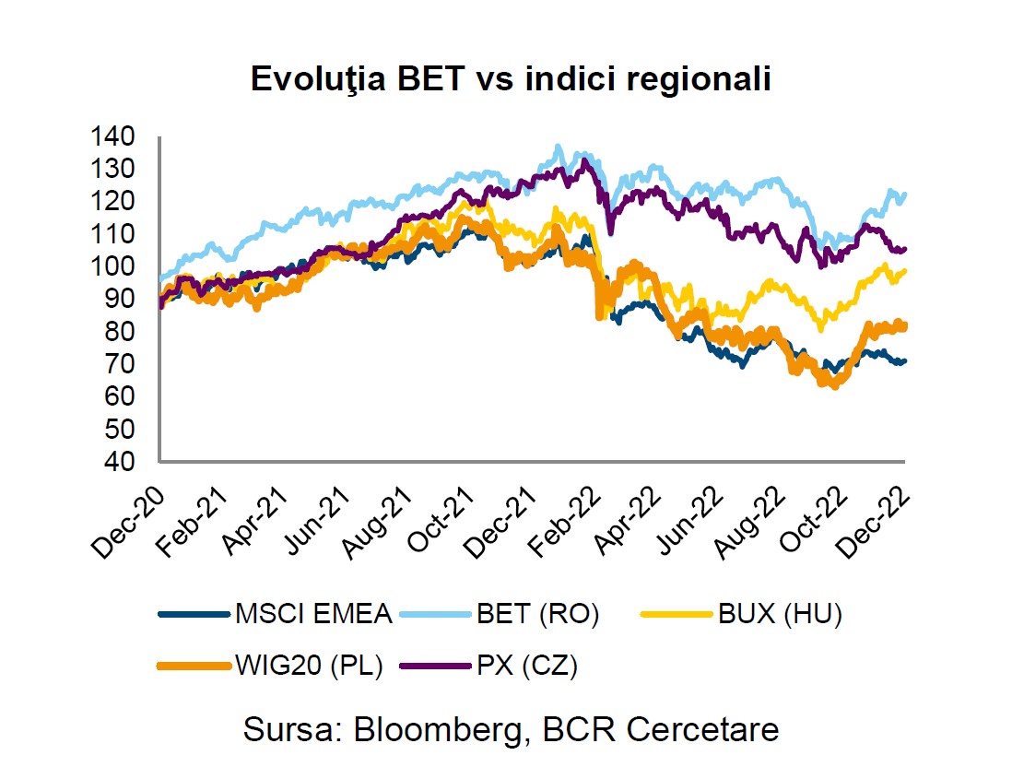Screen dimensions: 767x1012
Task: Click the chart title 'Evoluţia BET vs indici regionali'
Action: [x=510, y=79]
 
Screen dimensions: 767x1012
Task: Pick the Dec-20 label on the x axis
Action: [x=128, y=521]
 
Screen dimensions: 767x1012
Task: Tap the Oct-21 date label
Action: [x=436, y=521]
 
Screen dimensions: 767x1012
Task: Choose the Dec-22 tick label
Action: [x=875, y=521]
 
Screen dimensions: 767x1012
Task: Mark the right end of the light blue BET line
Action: [x=905, y=195]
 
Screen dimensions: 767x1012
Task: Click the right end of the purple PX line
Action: [x=905, y=249]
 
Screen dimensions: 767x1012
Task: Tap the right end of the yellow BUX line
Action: [x=905, y=271]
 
